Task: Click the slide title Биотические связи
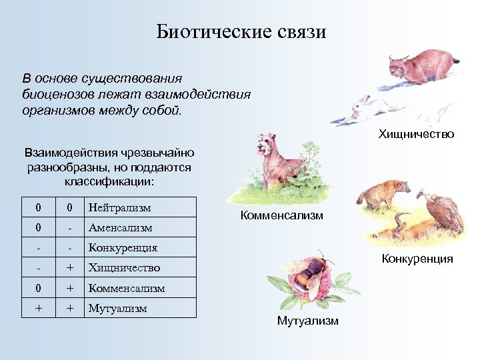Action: click(241, 31)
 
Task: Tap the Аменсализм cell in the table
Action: click(120, 227)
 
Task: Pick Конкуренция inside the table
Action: click(123, 247)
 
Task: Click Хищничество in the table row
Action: click(125, 267)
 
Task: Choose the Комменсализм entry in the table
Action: click(127, 288)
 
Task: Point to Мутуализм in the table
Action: click(118, 308)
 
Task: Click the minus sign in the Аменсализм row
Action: click(69, 227)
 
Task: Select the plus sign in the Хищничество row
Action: click(69, 267)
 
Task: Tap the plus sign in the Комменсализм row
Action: click(69, 288)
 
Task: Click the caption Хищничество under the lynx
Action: click(416, 134)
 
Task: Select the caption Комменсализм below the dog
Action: click(282, 215)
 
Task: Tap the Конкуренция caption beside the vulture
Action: click(417, 259)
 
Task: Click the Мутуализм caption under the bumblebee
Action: click(307, 321)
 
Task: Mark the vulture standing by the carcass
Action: click(444, 212)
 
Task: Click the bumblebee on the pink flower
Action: click(313, 273)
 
